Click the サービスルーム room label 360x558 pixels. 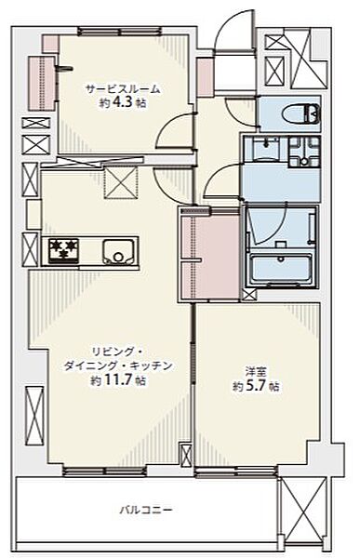123,89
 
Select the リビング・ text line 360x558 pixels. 115,352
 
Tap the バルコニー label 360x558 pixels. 140,510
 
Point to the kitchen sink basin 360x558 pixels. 119,250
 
